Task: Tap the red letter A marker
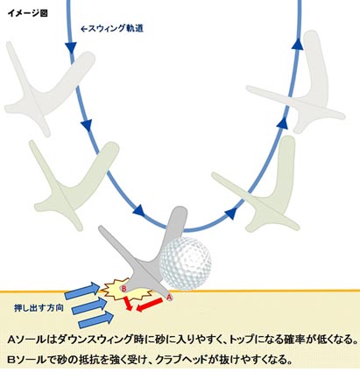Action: (x=169, y=298)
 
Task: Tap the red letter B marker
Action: (x=124, y=289)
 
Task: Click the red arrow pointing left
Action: (x=150, y=305)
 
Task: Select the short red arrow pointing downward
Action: (x=127, y=304)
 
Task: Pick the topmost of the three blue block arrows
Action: (x=82, y=291)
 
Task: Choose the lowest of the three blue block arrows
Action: (x=96, y=320)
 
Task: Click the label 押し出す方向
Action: (x=39, y=308)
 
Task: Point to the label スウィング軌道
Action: (x=112, y=29)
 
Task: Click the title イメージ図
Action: (x=27, y=13)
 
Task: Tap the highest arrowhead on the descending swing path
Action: (x=71, y=48)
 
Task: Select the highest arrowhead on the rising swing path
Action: (x=298, y=44)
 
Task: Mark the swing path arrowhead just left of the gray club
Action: (x=139, y=210)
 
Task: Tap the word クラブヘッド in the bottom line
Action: (x=181, y=360)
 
